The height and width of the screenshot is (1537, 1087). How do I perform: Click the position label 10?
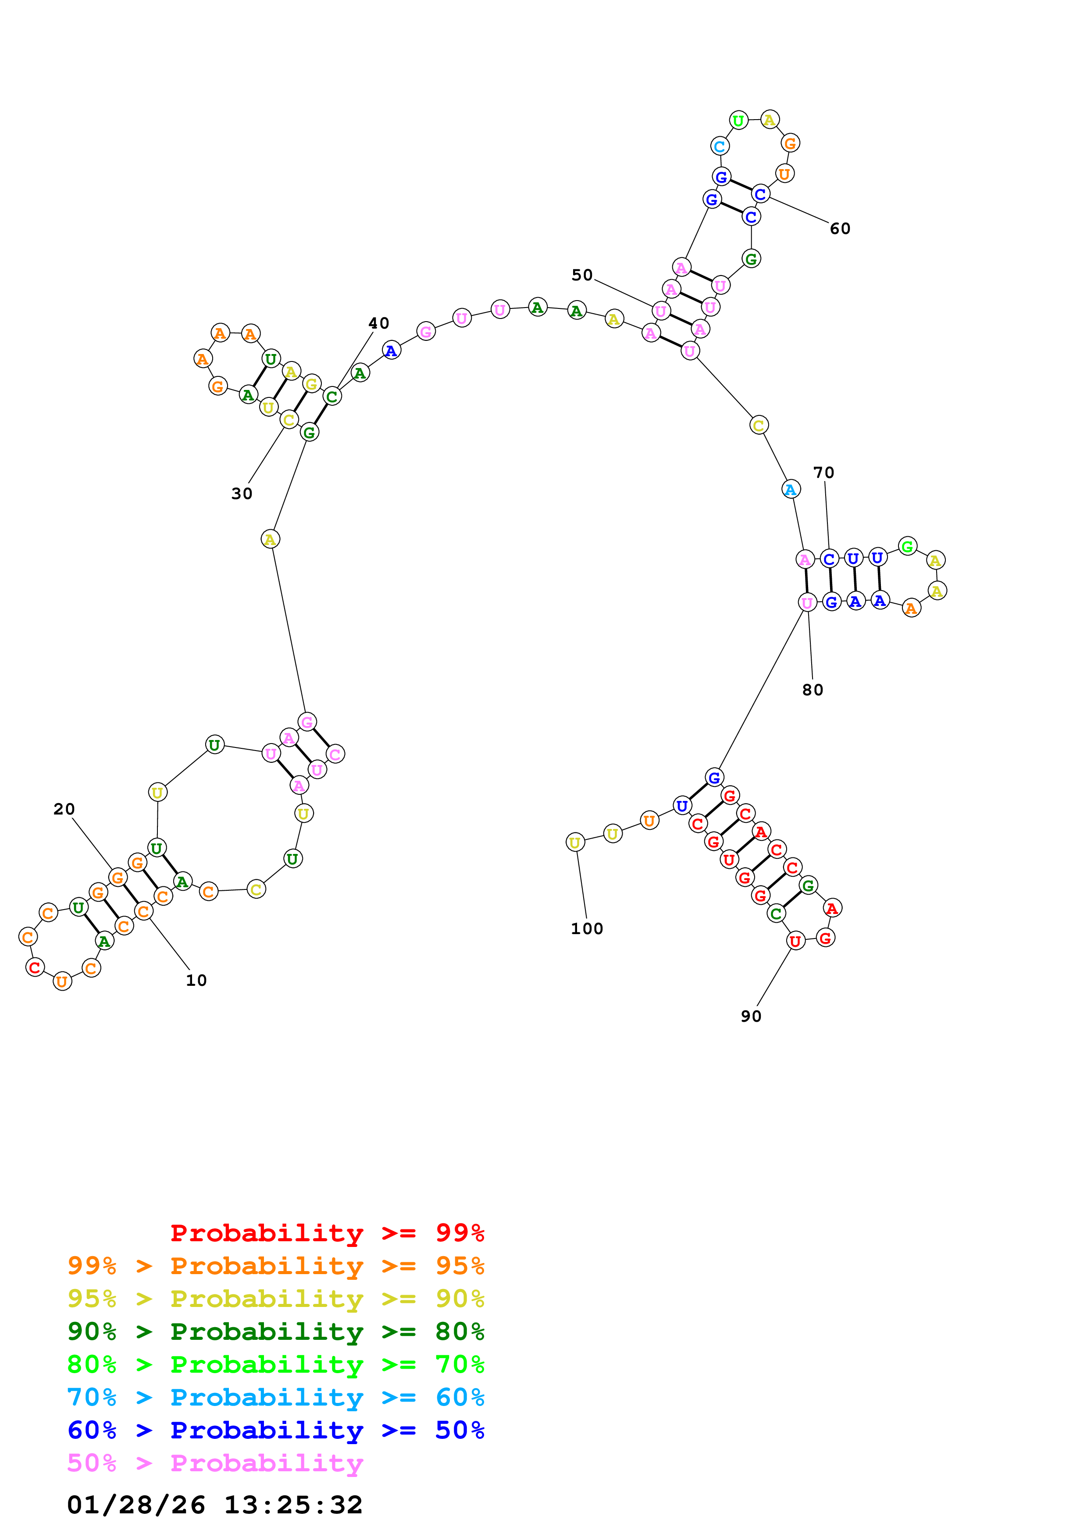tap(196, 980)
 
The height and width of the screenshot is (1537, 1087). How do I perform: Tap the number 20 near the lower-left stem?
tap(64, 809)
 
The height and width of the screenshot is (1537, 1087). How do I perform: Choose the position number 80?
tap(813, 690)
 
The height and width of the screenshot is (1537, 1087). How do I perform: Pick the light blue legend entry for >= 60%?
tap(276, 1397)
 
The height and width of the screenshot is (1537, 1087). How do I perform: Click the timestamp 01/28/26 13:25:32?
tap(214, 1505)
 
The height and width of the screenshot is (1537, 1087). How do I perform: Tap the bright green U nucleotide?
tap(738, 120)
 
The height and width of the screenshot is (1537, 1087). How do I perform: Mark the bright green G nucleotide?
tap(907, 546)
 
